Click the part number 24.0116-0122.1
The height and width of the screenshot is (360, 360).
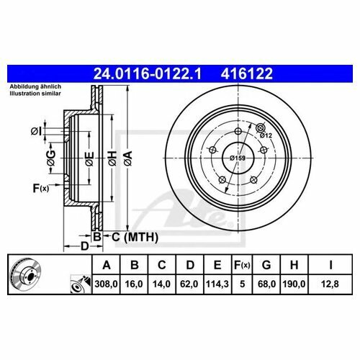tap(148, 73)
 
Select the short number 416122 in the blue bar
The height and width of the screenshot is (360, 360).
tap(247, 73)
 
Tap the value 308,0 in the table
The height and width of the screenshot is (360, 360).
tap(107, 284)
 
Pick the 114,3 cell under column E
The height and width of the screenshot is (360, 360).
tap(217, 284)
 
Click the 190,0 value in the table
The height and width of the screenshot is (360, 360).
tap(294, 284)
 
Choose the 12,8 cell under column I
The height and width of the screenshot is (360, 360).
tap(330, 284)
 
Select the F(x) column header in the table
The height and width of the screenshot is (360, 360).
tap(242, 265)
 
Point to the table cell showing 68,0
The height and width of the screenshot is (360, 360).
tap(266, 284)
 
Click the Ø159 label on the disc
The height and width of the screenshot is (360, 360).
tap(238, 158)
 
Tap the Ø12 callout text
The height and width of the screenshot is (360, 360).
tap(266, 135)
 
